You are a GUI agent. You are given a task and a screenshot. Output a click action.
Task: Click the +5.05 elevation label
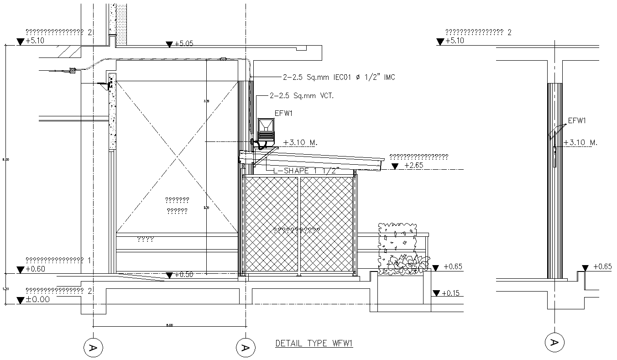tap(184, 44)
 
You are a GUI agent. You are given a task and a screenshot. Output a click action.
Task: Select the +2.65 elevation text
tap(414, 166)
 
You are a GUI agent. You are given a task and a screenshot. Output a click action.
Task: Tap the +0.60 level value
tap(36, 269)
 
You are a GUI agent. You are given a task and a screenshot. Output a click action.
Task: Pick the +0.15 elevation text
tap(451, 293)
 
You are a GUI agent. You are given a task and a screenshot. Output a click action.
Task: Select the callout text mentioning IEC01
tap(332, 78)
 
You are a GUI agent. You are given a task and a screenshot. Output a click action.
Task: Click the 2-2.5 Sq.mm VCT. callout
tap(302, 96)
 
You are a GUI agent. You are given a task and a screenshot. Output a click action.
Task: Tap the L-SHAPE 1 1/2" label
tap(307, 171)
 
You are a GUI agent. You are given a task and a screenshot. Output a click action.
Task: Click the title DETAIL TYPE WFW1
tap(314, 344)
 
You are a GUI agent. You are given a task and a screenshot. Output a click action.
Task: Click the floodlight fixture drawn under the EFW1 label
tap(266, 130)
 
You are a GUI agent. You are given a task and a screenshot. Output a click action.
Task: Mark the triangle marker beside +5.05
tap(169, 44)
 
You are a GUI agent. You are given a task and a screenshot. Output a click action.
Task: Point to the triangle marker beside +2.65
tap(395, 166)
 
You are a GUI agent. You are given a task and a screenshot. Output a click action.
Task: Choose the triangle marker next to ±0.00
tap(20, 300)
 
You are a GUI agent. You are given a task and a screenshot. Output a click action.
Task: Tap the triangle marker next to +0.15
tap(436, 293)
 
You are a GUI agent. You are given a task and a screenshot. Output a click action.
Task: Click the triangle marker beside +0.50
tap(169, 275)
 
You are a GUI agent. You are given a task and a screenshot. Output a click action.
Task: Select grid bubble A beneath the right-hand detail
tap(555, 342)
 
